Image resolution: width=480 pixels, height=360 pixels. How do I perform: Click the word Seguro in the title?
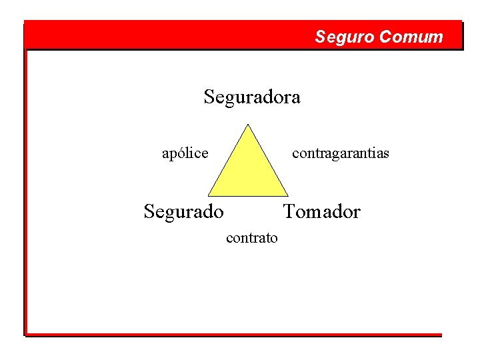[345, 37]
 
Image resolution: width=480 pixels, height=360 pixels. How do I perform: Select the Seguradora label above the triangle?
[252, 97]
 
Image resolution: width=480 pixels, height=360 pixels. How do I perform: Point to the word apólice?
[185, 153]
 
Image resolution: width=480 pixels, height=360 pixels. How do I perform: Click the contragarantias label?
[340, 153]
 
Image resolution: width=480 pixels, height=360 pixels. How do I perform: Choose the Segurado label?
[184, 212]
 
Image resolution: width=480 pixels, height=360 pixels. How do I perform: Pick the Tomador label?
[321, 212]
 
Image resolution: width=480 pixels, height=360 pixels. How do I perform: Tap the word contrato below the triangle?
[252, 237]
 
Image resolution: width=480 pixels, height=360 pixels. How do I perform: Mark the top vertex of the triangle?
[248, 124]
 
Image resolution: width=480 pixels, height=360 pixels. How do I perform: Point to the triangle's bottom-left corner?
[208, 196]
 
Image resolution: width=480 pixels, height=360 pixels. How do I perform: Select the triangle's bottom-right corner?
[288, 196]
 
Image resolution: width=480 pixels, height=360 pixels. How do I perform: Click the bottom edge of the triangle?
[248, 196]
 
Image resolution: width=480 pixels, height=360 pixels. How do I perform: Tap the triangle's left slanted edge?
[228, 160]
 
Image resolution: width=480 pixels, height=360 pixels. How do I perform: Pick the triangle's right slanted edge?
[268, 160]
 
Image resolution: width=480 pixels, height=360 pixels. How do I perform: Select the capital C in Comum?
[384, 37]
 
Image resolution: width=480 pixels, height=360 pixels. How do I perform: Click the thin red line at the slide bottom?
[233, 334]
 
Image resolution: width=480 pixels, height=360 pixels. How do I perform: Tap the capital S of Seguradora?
[209, 97]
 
